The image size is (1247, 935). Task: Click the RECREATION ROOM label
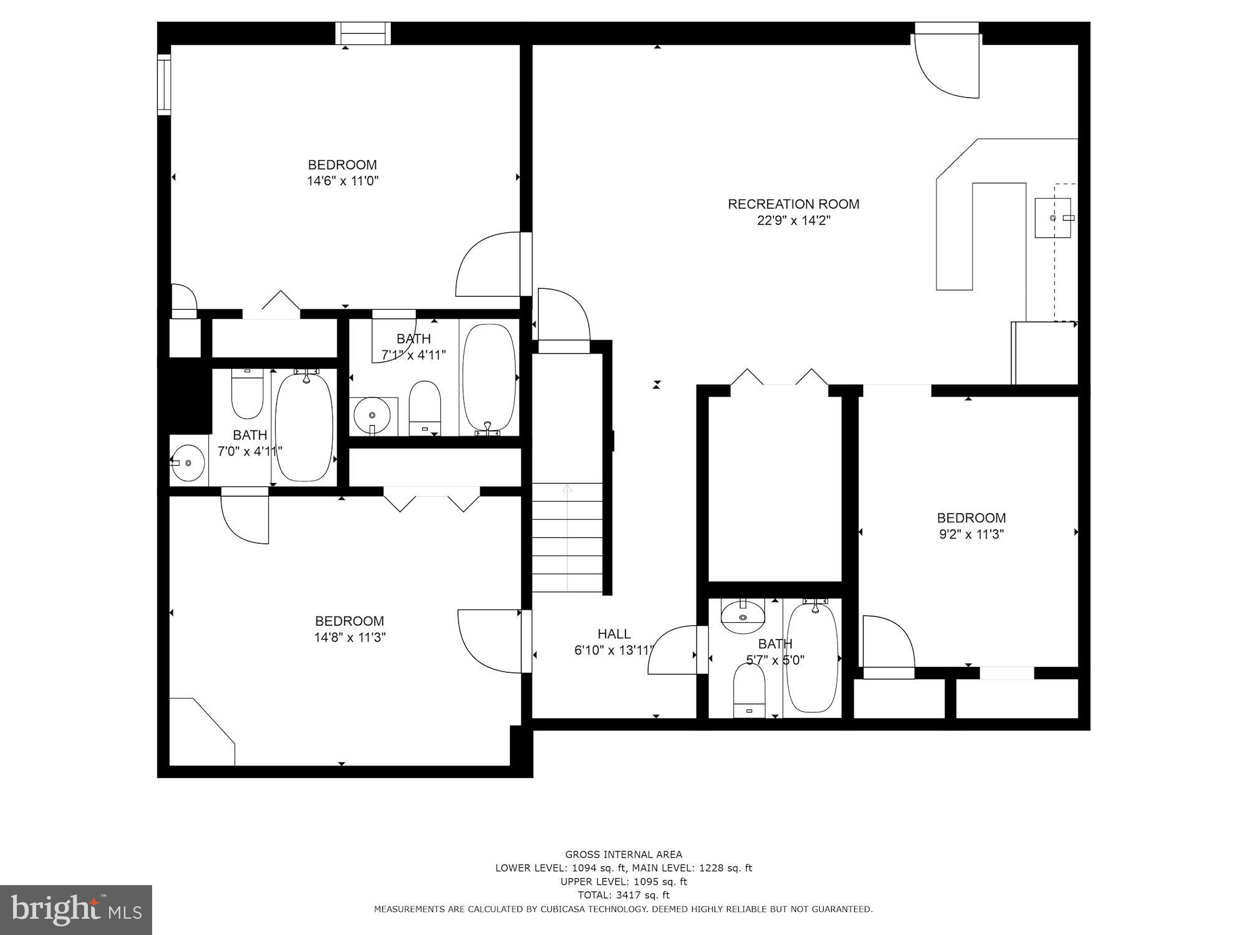[x=793, y=204]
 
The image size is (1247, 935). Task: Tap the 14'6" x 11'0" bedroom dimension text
[x=343, y=181]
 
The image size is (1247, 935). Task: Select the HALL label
[x=614, y=634]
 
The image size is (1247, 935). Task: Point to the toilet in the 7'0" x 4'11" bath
[x=247, y=394]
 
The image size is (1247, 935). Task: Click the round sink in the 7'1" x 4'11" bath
[x=372, y=414]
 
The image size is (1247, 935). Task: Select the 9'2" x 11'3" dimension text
[x=971, y=534]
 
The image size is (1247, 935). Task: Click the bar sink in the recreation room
[x=1053, y=218]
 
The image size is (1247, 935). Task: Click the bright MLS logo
[x=76, y=910]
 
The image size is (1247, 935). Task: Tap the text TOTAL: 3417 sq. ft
[x=623, y=895]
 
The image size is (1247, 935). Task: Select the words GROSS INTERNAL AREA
[x=623, y=855]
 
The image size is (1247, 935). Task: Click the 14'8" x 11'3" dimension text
[x=350, y=638]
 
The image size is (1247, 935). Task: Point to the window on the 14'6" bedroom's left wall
[x=164, y=84]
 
